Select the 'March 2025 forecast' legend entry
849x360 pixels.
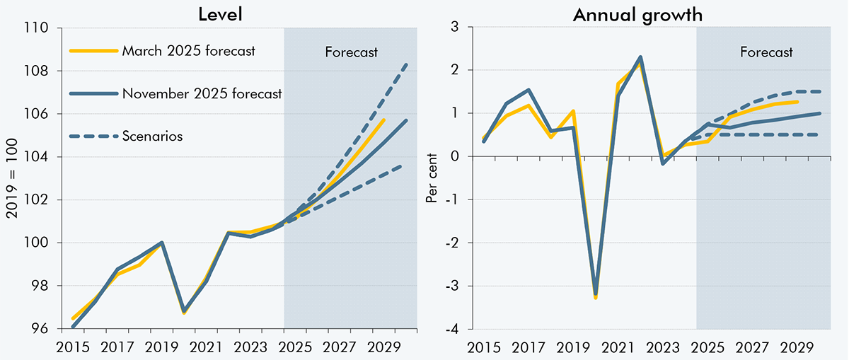click(x=188, y=50)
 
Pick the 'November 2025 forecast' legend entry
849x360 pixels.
click(x=202, y=93)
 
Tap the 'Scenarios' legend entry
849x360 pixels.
click(x=152, y=136)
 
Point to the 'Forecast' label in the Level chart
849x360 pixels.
click(x=351, y=52)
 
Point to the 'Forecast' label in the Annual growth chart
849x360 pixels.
click(x=766, y=52)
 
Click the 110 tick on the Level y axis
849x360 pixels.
click(x=37, y=28)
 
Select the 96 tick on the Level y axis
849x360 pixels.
click(x=40, y=329)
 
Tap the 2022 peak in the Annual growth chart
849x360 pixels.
click(x=640, y=57)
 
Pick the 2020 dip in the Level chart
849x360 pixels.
click(x=184, y=310)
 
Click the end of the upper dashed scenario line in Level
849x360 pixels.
click(x=406, y=64)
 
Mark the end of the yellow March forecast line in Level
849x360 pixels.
click(x=383, y=120)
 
